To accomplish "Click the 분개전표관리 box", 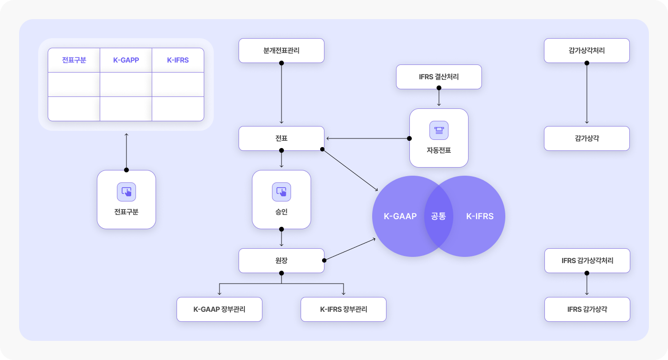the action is coord(281,51).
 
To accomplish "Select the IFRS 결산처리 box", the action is coord(438,77).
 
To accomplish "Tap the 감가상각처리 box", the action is coord(586,51).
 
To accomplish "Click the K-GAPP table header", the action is coord(126,60).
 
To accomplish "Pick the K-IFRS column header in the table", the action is coord(177,60).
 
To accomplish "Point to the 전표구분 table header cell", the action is coord(74,60).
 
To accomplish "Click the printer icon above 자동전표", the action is coord(438,130).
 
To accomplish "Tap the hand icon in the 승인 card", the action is coord(281,191).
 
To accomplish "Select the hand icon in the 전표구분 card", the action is coord(126,191).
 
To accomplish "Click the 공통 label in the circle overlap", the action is coord(438,216).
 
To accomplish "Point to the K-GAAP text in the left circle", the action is coord(400,216).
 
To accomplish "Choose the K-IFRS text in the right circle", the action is coord(480,216).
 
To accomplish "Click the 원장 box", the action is coord(281,261).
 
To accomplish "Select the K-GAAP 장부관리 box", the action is coord(219,309).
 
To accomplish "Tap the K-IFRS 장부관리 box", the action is coord(343,309).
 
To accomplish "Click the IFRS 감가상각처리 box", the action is coord(587,261).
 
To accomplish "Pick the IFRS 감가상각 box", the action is coord(587,309).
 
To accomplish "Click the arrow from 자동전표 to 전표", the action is coord(368,138).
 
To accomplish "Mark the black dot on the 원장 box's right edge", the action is coord(324,260).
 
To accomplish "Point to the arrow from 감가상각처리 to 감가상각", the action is coord(586,93).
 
